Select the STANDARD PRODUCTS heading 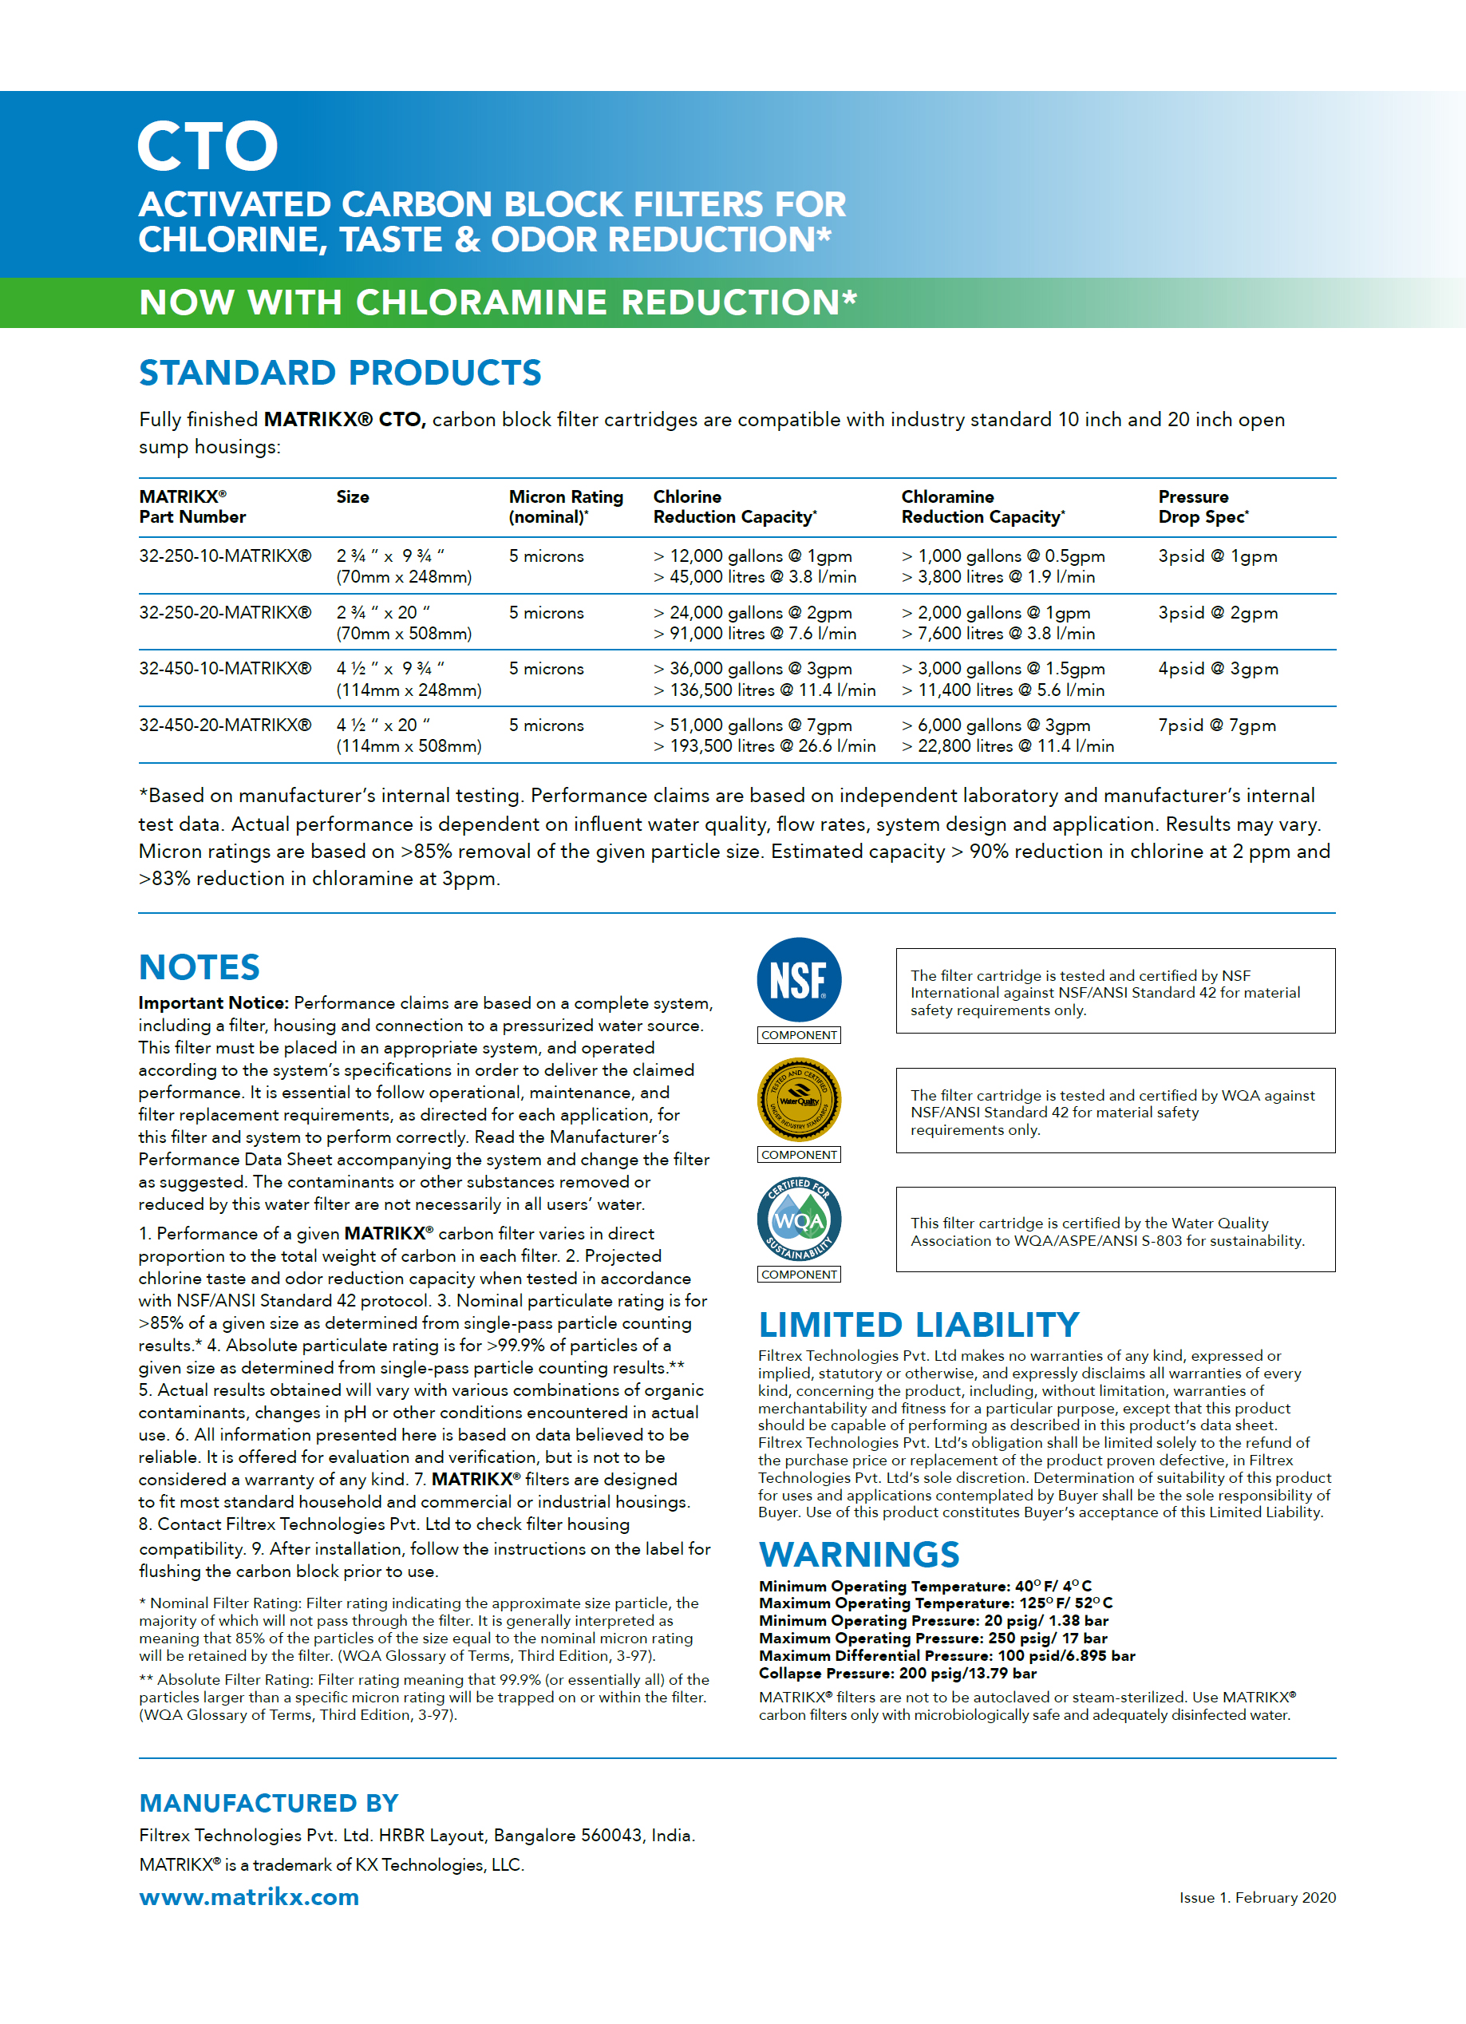point(340,373)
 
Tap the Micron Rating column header point(566,507)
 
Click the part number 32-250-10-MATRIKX point(225,556)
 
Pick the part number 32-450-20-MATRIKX point(225,725)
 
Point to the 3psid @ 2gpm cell point(1217,613)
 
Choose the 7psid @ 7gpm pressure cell point(1216,725)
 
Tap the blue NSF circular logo point(799,980)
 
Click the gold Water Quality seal point(799,1100)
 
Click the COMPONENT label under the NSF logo point(799,1035)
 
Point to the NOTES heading point(199,967)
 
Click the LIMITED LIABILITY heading point(919,1325)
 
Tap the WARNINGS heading point(859,1555)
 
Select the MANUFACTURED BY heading point(269,1803)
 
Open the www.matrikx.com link point(249,1896)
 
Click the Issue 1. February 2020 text point(1256,1897)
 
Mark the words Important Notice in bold point(213,1003)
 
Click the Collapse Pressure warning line point(897,1674)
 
